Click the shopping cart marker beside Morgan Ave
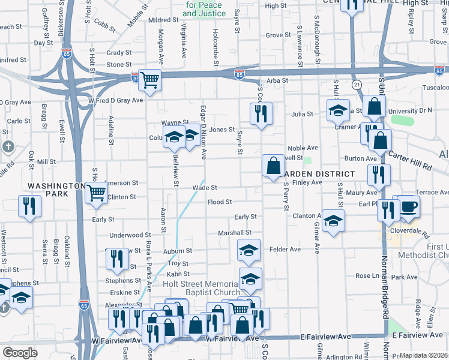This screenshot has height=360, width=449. click(150, 79)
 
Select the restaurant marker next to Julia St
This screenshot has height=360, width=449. click(261, 113)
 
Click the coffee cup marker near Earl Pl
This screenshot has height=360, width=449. click(409, 206)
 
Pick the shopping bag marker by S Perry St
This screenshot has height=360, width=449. click(273, 166)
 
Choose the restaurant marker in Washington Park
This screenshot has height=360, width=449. click(29, 207)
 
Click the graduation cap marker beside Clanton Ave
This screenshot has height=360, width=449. click(333, 220)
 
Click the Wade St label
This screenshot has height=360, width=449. click(203, 187)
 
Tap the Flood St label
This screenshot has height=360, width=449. click(220, 202)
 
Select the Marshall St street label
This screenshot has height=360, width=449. click(235, 232)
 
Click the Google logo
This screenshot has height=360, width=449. click(20, 353)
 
